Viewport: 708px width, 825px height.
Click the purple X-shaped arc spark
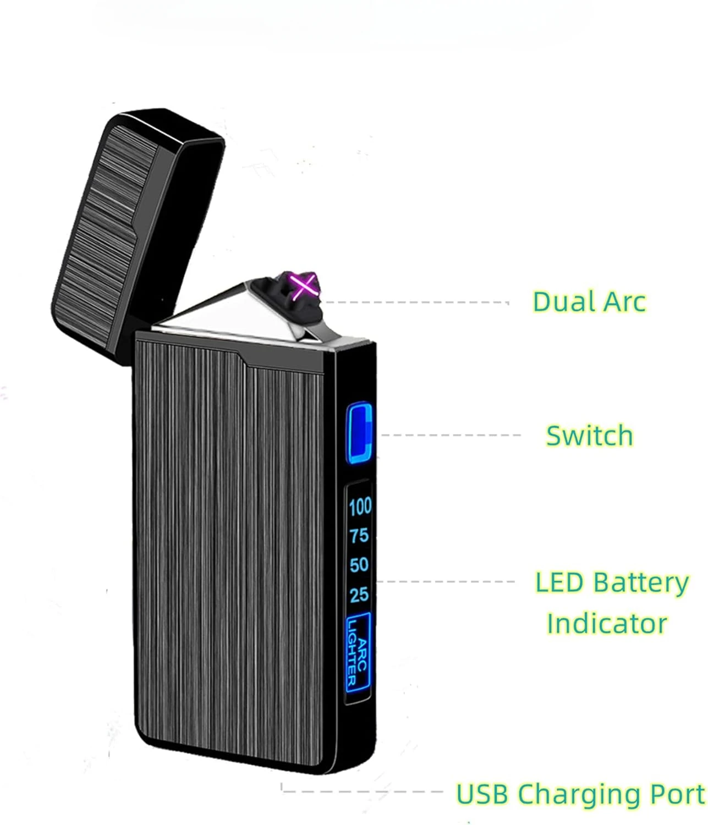point(304,285)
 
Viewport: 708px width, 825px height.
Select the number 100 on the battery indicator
point(360,507)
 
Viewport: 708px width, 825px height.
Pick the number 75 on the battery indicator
point(359,535)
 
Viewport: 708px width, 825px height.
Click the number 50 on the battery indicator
point(359,565)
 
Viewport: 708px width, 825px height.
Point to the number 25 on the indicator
point(359,595)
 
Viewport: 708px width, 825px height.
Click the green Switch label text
point(589,436)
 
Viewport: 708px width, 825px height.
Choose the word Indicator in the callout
point(607,624)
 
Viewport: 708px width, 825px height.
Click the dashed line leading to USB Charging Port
point(363,791)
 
